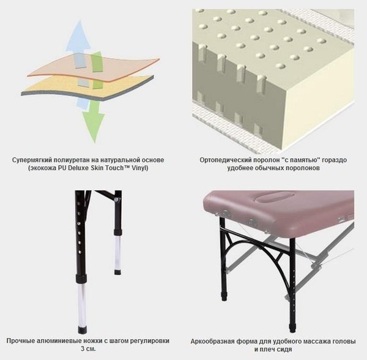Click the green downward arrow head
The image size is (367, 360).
point(93,127)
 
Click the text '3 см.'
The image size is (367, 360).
point(88,349)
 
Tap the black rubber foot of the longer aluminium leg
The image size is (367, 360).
point(83,330)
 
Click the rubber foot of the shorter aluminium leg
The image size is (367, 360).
point(117,272)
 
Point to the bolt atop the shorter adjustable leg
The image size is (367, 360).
point(116,199)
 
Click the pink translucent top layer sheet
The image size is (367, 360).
point(94,67)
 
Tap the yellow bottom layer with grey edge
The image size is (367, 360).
point(87,88)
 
